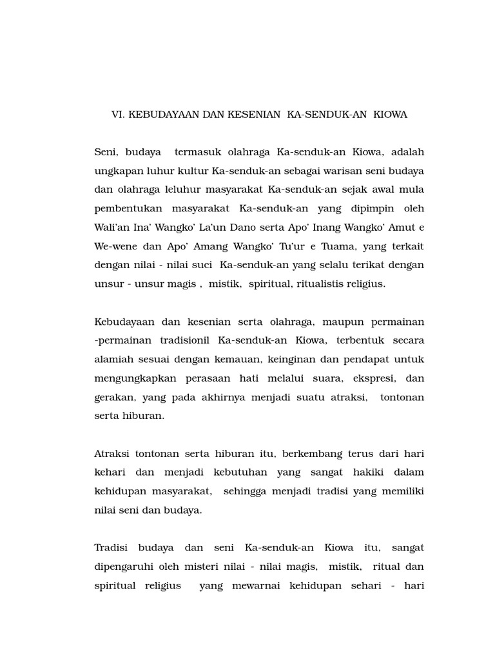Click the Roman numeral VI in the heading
point(118,115)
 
